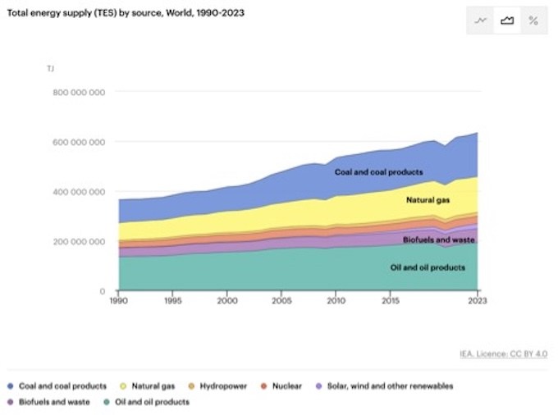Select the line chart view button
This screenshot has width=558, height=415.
pyautogui.click(x=481, y=21)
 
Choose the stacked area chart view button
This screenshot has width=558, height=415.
pyautogui.click(x=507, y=21)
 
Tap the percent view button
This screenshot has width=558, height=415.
pyautogui.click(x=533, y=21)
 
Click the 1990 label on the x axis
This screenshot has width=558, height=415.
pyautogui.click(x=119, y=302)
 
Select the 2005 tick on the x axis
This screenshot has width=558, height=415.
pyautogui.click(x=281, y=302)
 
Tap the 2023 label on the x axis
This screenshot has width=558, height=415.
pyautogui.click(x=477, y=302)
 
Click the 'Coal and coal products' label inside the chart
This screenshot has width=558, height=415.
pyautogui.click(x=378, y=172)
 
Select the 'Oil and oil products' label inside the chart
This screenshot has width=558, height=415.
pyautogui.click(x=428, y=268)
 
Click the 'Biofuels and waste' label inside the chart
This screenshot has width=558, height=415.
pyautogui.click(x=439, y=239)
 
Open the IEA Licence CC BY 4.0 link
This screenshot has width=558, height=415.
pyautogui.click(x=503, y=353)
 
